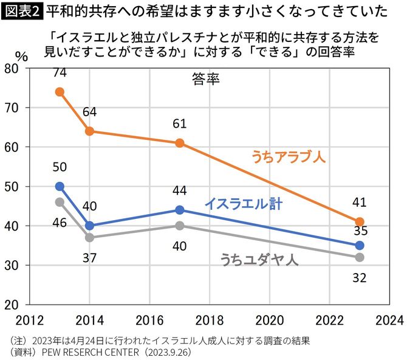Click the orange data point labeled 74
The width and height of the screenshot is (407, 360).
(60, 92)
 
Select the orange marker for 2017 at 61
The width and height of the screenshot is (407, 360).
(180, 143)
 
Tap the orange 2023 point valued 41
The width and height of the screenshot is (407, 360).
(360, 221)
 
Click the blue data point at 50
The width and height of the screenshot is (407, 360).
(60, 186)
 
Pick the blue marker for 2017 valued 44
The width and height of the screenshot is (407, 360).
(180, 210)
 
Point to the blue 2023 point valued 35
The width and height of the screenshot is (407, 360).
(360, 245)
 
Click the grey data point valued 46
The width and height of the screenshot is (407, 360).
(60, 202)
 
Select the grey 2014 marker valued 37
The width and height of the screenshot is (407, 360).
(90, 237)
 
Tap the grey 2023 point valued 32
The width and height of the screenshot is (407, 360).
(360, 257)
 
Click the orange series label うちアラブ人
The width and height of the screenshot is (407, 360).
(289, 157)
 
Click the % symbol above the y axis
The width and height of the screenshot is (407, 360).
(21, 55)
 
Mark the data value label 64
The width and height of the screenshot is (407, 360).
(90, 112)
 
